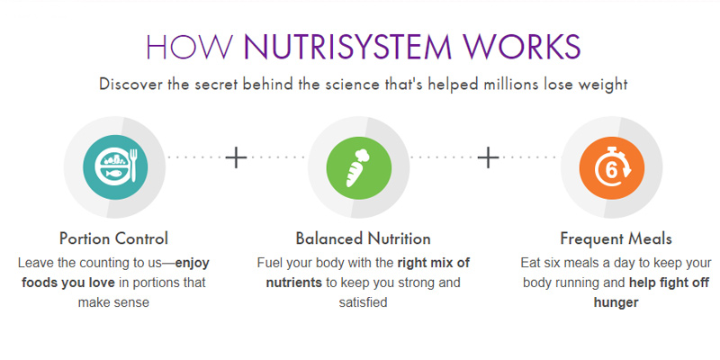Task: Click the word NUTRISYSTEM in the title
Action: click(349, 47)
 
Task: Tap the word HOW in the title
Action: click(190, 47)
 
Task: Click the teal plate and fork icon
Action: click(115, 167)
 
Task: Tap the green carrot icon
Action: click(358, 167)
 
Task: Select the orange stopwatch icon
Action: click(612, 167)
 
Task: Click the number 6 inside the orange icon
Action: click(611, 170)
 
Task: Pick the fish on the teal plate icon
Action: click(113, 174)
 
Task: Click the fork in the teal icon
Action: click(134, 166)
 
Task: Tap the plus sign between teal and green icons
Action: click(236, 157)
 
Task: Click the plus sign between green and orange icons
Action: click(488, 157)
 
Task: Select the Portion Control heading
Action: click(114, 238)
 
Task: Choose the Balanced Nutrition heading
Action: click(364, 238)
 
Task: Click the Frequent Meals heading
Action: click(616, 238)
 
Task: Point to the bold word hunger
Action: click(616, 303)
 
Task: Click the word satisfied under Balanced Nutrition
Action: click(364, 302)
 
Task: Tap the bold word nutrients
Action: click(294, 283)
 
